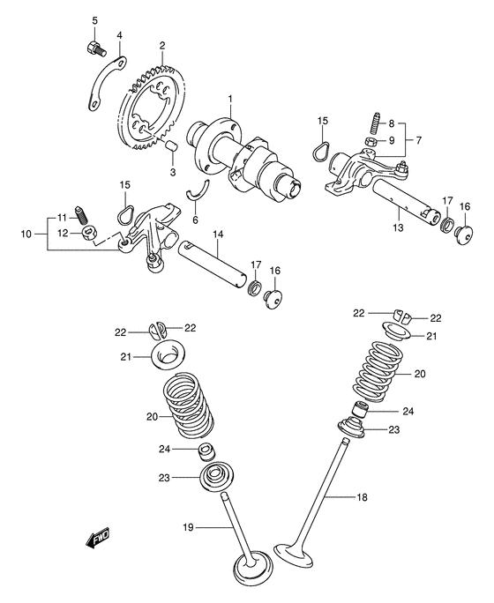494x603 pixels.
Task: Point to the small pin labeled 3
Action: pos(173,145)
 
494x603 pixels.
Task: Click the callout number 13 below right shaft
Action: pos(398,227)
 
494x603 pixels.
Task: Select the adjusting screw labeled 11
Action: pos(81,214)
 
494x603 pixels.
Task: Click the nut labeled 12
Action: pos(89,233)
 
